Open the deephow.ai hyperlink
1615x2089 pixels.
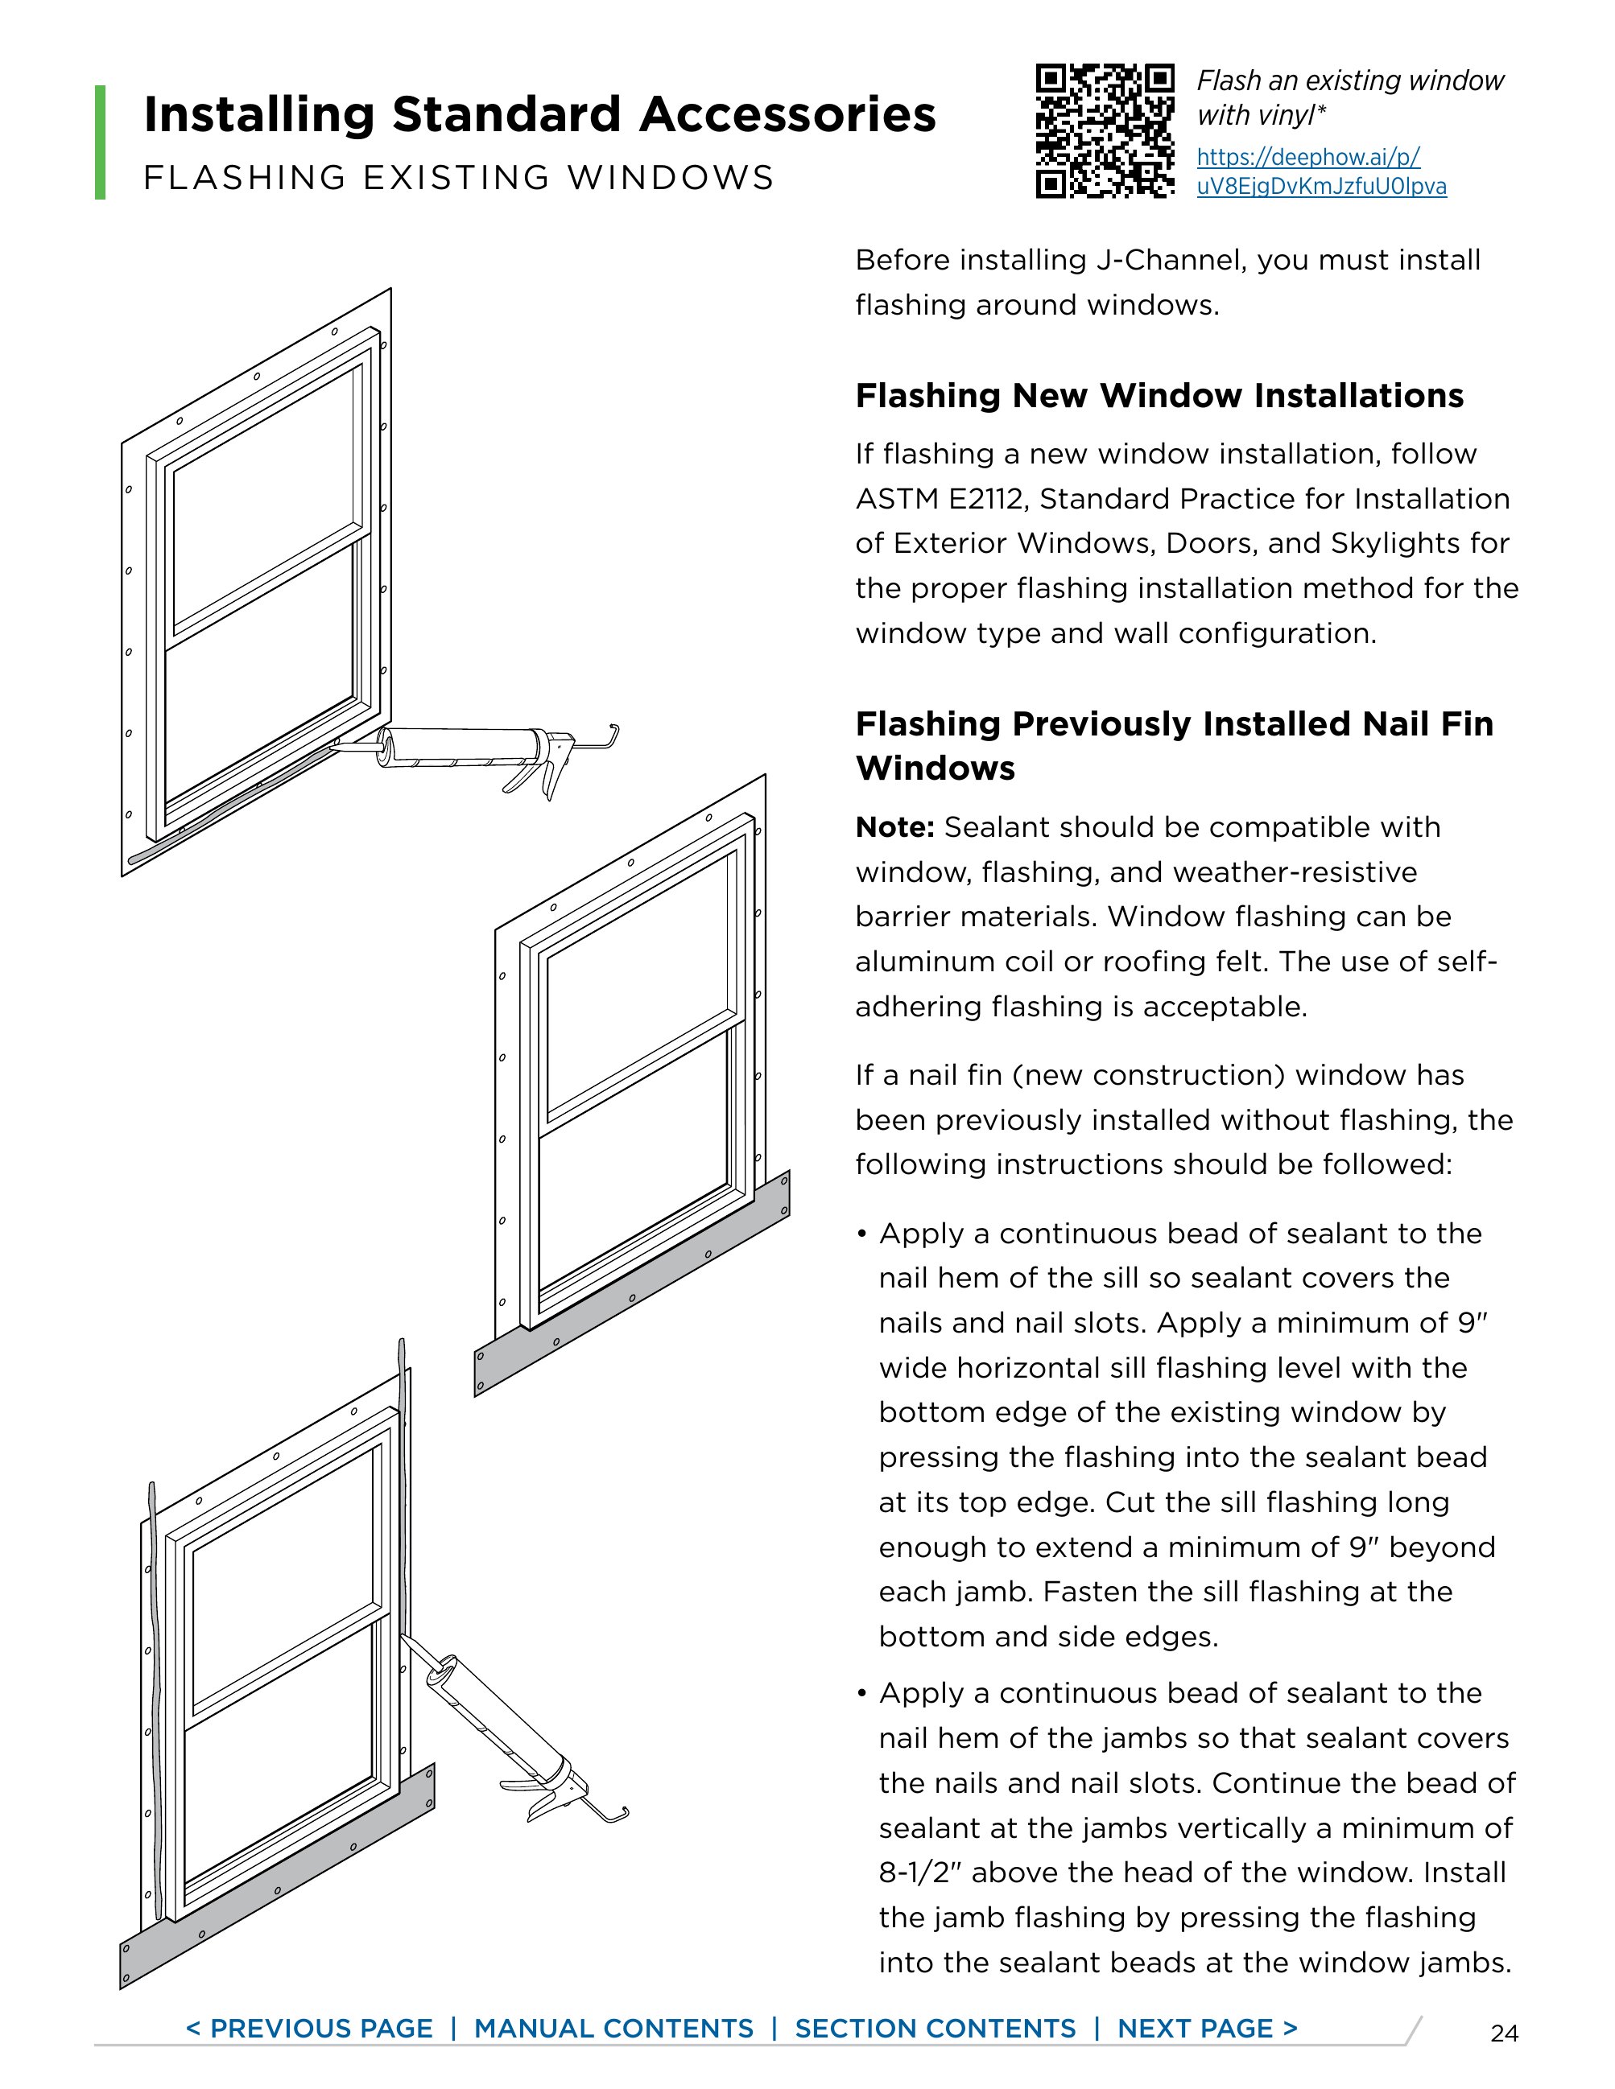tap(1320, 171)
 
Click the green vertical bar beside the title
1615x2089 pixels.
tap(101, 142)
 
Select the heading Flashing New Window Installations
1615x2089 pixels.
tap(1159, 396)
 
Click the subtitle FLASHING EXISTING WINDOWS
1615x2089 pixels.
tap(458, 178)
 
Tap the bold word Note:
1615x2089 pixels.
tap(894, 827)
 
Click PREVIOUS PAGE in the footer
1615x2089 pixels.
tap(309, 2028)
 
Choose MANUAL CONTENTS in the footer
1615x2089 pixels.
tap(613, 2028)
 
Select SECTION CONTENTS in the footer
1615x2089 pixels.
tap(935, 2028)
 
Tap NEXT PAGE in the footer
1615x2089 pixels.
tap(1208, 2028)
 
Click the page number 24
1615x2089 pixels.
tap(1504, 2033)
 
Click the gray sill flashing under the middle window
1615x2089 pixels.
tap(631, 1287)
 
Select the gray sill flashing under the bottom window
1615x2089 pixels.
tap(278, 1880)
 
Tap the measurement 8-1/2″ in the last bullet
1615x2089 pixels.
tap(919, 1873)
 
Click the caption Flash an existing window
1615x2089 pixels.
tap(1350, 81)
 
